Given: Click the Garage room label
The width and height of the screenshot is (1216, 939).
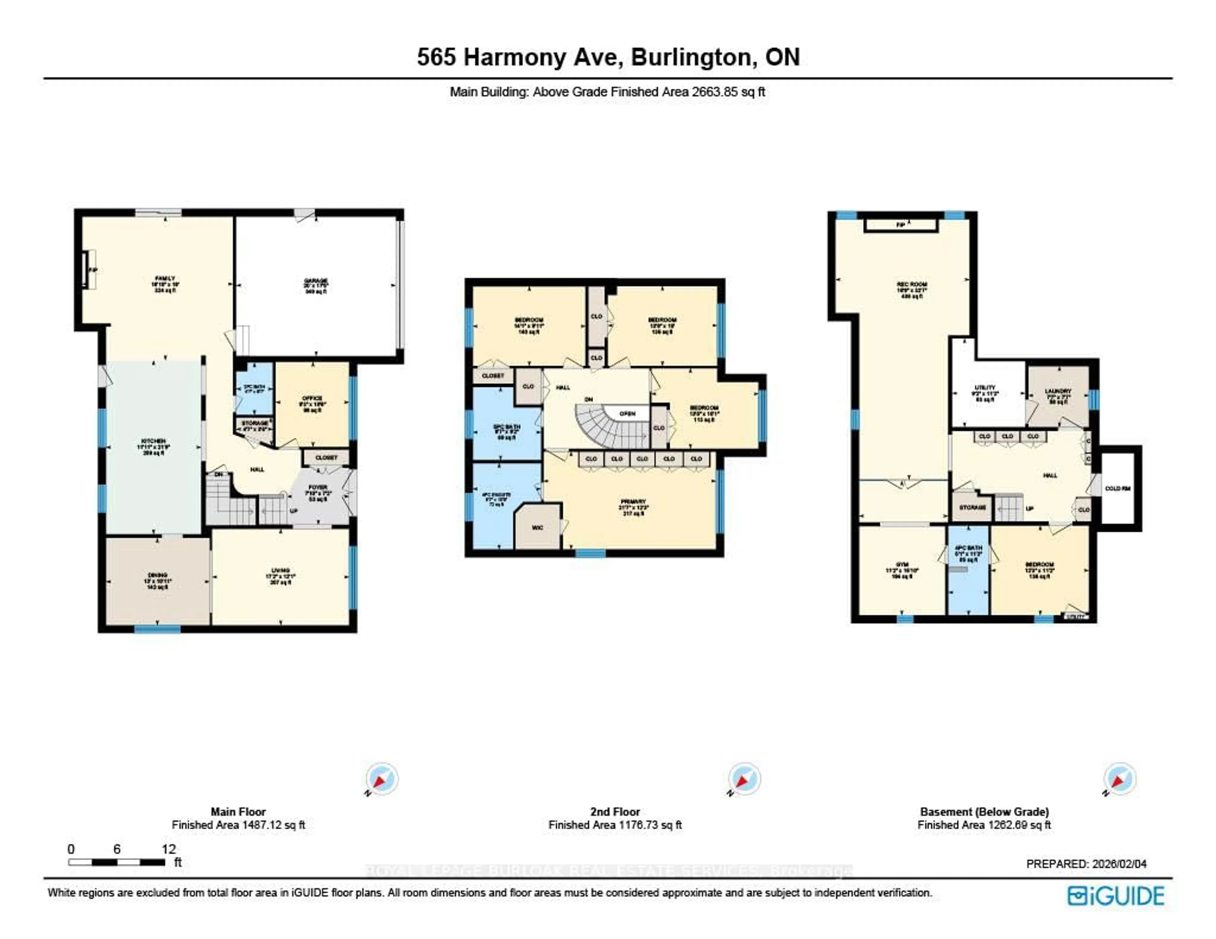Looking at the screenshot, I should [316, 280].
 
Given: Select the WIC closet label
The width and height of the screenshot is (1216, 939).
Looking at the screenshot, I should [537, 527].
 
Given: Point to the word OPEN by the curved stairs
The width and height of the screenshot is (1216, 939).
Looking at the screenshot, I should [628, 413].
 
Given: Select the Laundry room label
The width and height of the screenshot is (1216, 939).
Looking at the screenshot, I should [1058, 391].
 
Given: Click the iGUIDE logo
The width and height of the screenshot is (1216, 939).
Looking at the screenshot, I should [1116, 896].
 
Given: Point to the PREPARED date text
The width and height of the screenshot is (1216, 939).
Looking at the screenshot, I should [1086, 864].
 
